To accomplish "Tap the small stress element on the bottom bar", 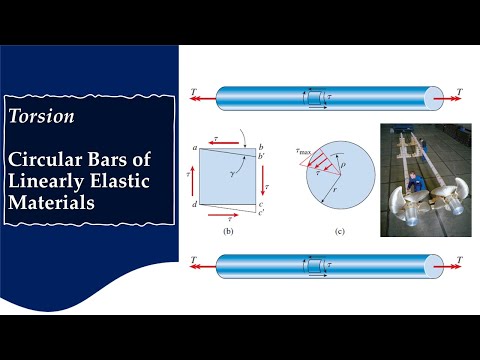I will [x=312, y=266].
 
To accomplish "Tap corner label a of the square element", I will [x=195, y=147].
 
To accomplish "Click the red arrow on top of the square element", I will [x=222, y=141].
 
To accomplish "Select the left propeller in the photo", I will [x=398, y=208].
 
